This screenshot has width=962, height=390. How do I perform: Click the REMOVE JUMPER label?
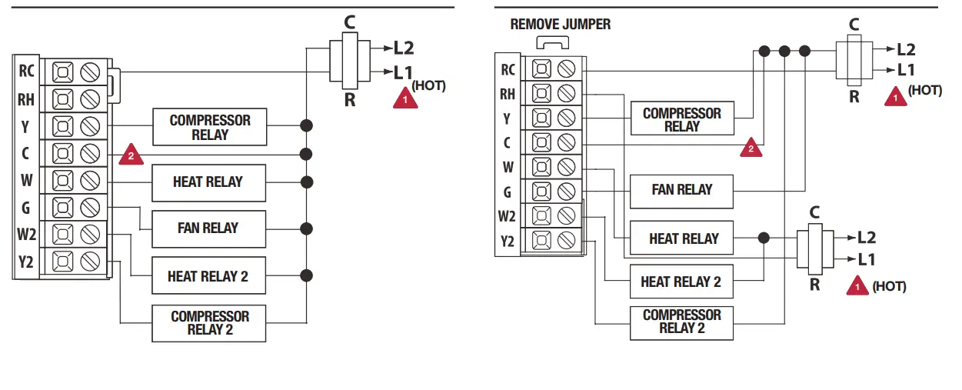point(561,25)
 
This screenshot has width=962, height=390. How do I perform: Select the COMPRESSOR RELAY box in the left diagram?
point(210,127)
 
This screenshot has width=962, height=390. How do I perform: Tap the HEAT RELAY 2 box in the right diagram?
point(681,282)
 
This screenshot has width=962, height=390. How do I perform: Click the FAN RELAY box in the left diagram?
point(208,228)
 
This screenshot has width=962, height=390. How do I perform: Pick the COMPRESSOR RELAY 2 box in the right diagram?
point(681,322)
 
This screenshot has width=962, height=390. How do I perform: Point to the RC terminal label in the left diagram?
point(26,72)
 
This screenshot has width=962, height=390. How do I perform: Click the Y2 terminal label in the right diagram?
point(508,242)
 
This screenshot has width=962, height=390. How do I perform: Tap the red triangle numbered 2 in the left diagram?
point(131,156)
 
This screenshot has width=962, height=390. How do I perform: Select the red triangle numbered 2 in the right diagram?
point(751,148)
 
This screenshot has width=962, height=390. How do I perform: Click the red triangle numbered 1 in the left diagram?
point(405,98)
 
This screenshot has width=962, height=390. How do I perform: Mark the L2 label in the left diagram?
point(404,48)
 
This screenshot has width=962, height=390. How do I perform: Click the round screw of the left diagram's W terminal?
point(91,181)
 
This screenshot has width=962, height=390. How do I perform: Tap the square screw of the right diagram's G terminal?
point(542,192)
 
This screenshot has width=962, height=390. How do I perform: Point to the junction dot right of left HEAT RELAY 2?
point(307,275)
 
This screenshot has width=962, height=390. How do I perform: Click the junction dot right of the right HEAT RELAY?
point(763,238)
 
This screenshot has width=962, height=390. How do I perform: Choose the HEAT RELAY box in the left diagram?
point(208,182)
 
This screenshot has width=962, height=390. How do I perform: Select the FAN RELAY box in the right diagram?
point(681,190)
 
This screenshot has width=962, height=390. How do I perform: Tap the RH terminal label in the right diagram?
point(508,94)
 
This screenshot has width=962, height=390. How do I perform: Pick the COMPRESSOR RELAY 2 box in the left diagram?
point(210,323)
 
